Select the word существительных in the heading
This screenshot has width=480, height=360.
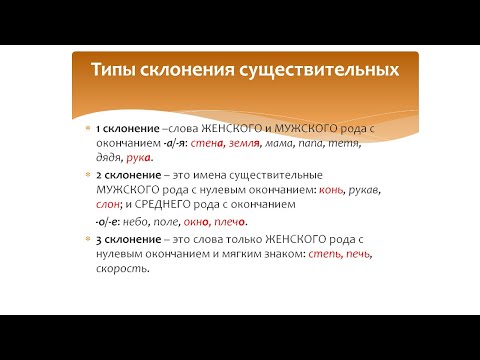[x=316, y=71]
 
